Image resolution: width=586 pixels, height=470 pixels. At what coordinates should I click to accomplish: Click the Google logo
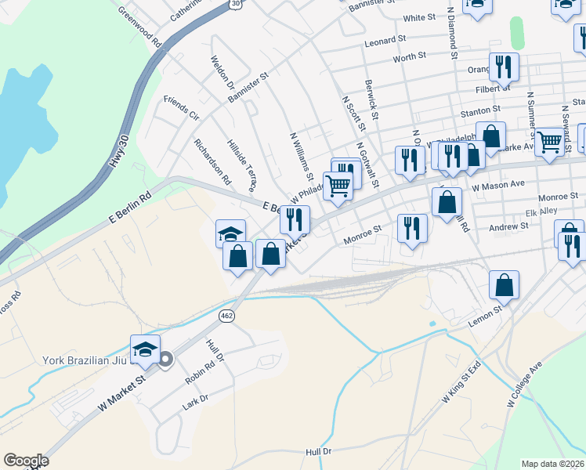coord(26,461)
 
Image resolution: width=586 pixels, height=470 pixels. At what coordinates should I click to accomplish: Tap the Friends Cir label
coord(181,108)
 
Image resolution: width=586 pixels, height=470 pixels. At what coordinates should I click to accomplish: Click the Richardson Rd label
coord(212,161)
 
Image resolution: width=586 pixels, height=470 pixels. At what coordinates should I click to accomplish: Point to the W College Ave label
coord(524,386)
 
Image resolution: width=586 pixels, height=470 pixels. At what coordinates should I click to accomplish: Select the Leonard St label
coord(385,38)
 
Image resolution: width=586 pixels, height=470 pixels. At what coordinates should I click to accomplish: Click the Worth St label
coord(409,56)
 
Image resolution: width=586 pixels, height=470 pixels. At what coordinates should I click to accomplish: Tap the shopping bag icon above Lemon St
coord(505,285)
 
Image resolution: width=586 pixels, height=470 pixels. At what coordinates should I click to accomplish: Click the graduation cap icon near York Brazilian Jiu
coord(145,349)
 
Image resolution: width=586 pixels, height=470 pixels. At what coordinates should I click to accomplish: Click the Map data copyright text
coord(553,464)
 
